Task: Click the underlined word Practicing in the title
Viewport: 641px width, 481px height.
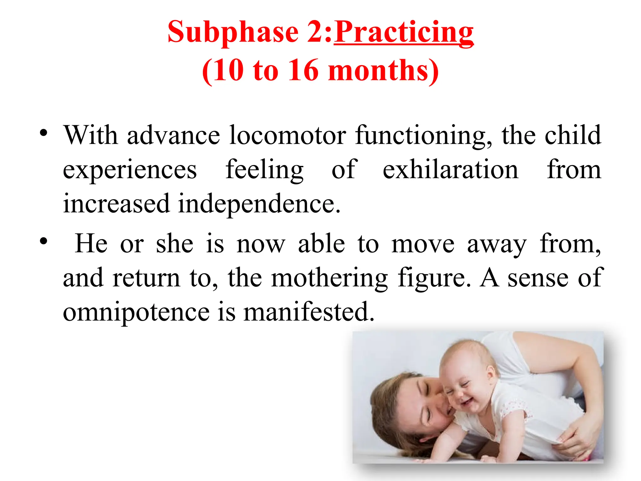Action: coord(404,32)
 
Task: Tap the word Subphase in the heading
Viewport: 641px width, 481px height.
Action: coord(233,32)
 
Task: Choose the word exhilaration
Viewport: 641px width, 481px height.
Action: coord(450,170)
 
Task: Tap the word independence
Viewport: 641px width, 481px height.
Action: coord(259,204)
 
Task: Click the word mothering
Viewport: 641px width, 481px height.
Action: coord(329,278)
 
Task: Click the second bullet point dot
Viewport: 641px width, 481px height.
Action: coord(44,241)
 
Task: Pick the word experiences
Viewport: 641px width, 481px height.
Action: coord(130,170)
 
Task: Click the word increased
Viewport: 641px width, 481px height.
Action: coord(116,204)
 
